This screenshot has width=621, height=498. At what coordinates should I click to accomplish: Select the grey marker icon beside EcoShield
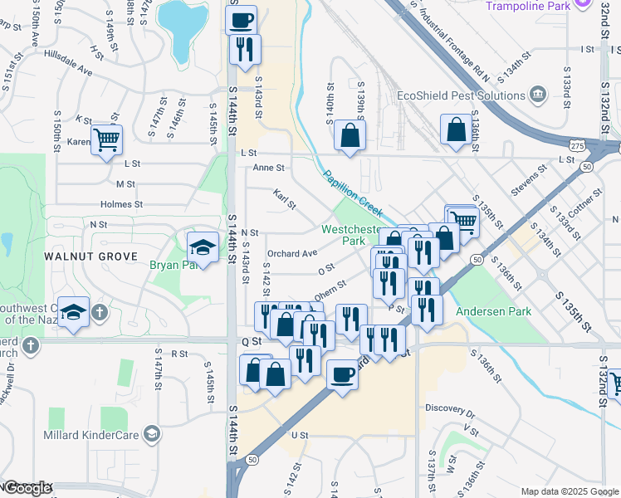537,94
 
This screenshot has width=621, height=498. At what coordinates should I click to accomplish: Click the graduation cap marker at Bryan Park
202,247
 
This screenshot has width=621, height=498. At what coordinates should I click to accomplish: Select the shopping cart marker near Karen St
107,140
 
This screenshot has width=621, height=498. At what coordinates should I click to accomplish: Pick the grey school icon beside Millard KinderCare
152,433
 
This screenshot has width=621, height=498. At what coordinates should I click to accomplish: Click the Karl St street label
285,199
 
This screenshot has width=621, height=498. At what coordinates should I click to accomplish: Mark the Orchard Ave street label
291,253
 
